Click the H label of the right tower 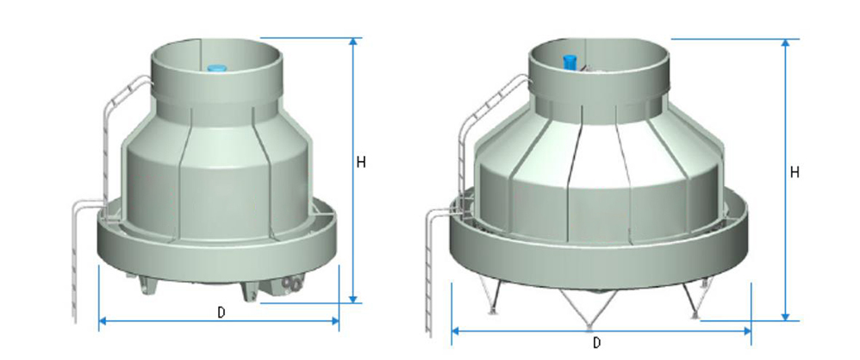pos(795,172)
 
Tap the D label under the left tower pos(221,312)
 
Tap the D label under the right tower pos(597,342)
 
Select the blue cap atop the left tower pos(215,65)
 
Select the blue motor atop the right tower pos(569,61)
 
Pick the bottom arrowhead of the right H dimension pos(785,316)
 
